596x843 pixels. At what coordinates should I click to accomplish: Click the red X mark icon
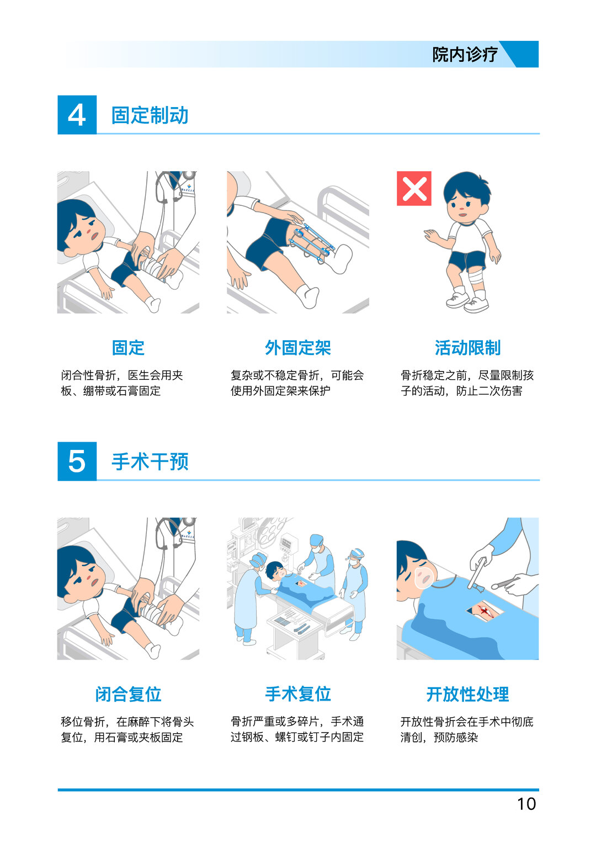coord(414,189)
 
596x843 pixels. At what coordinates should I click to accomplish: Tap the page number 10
coord(526,803)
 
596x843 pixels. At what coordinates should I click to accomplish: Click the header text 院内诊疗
coord(465,55)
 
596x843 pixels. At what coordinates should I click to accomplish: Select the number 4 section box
coord(77,115)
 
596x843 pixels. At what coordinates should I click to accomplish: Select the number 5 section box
coord(77,461)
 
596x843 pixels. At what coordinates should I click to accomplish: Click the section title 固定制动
coord(150,115)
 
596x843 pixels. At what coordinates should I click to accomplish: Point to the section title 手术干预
coord(150,462)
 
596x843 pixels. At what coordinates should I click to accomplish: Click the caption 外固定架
coord(297,347)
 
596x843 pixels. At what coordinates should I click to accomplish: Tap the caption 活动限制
coord(468,347)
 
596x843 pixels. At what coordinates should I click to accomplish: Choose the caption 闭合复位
coord(128,694)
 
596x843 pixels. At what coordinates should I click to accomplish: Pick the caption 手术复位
coord(297,694)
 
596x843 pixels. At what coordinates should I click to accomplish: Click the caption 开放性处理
coord(468,694)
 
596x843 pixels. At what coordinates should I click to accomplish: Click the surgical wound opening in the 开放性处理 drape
coord(486,611)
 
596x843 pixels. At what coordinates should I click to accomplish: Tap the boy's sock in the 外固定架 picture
coord(308,296)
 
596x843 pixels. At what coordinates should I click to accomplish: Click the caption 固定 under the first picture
coord(128,347)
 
